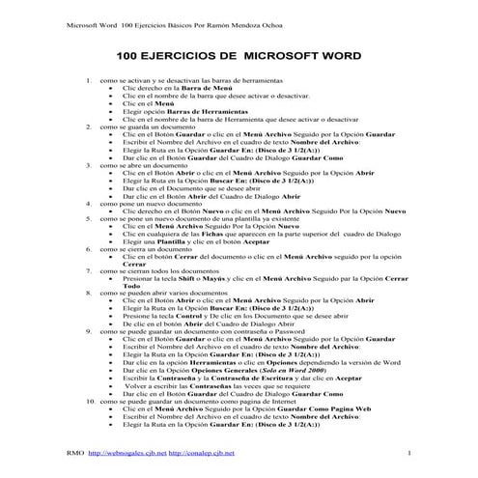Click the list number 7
point(89,269)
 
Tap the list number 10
point(91,400)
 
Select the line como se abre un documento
point(146,164)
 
